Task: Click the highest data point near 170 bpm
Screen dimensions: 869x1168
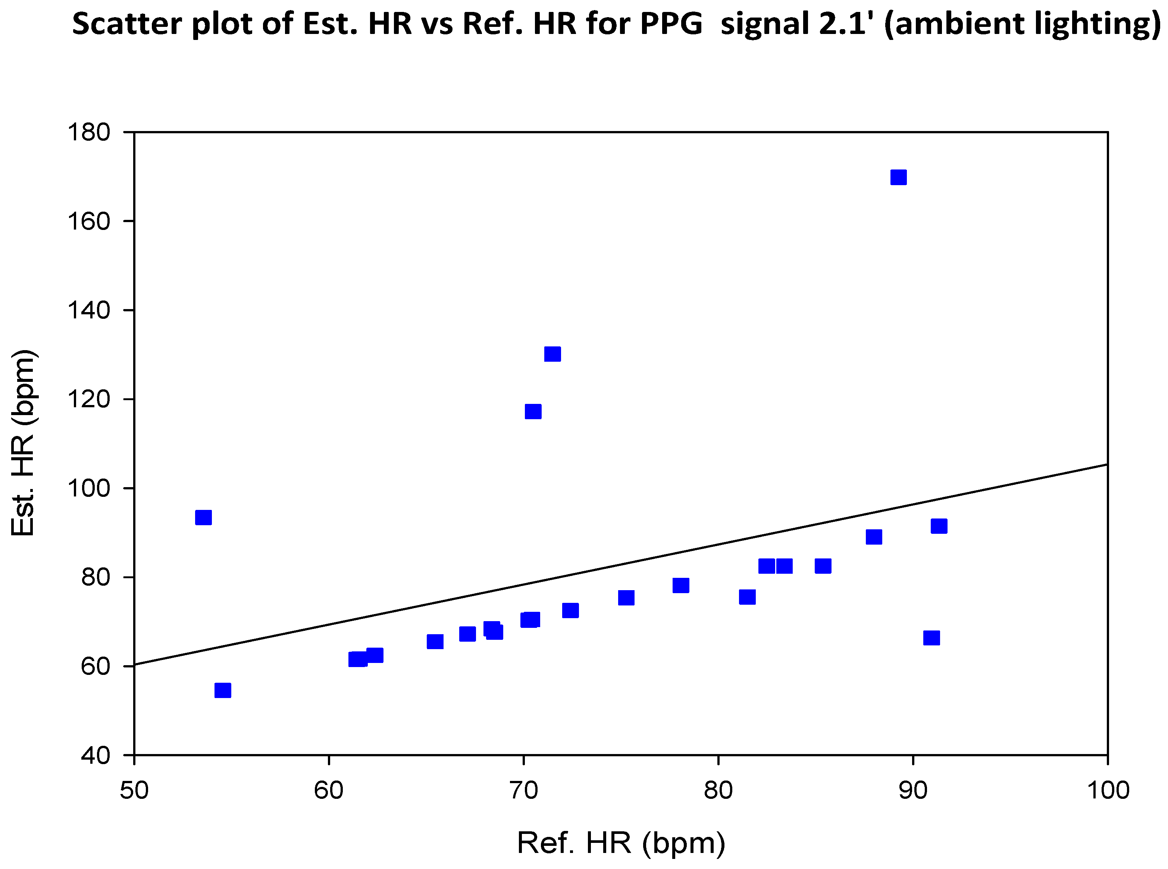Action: (x=898, y=177)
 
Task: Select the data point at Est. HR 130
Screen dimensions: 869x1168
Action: (x=552, y=354)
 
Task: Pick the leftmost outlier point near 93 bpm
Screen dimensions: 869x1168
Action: (x=203, y=518)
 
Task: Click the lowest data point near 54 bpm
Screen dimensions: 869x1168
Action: (x=223, y=690)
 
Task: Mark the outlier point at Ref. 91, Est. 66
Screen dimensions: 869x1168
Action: (x=931, y=638)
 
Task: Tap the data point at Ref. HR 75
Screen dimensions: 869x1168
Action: (x=626, y=598)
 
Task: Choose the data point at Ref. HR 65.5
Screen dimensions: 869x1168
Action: (x=435, y=642)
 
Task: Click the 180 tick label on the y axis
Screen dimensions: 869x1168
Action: (x=89, y=132)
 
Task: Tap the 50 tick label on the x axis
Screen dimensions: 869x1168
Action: (x=135, y=791)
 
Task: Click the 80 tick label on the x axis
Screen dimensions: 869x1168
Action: (x=718, y=791)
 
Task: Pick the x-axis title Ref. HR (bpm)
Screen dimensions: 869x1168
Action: (x=621, y=843)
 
